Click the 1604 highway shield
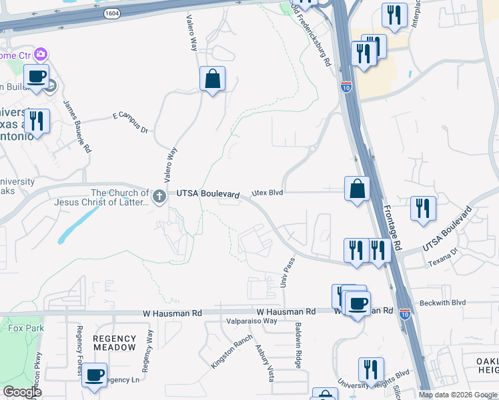point(112,13)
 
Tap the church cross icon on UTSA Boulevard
point(159,196)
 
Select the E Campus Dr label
point(130,122)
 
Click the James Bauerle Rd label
point(77,127)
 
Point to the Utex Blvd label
point(268,193)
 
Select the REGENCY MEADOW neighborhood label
point(114,343)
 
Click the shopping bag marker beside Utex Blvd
point(358,188)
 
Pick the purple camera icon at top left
point(41,54)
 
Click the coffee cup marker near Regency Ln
point(95,375)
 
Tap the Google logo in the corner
point(22,391)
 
